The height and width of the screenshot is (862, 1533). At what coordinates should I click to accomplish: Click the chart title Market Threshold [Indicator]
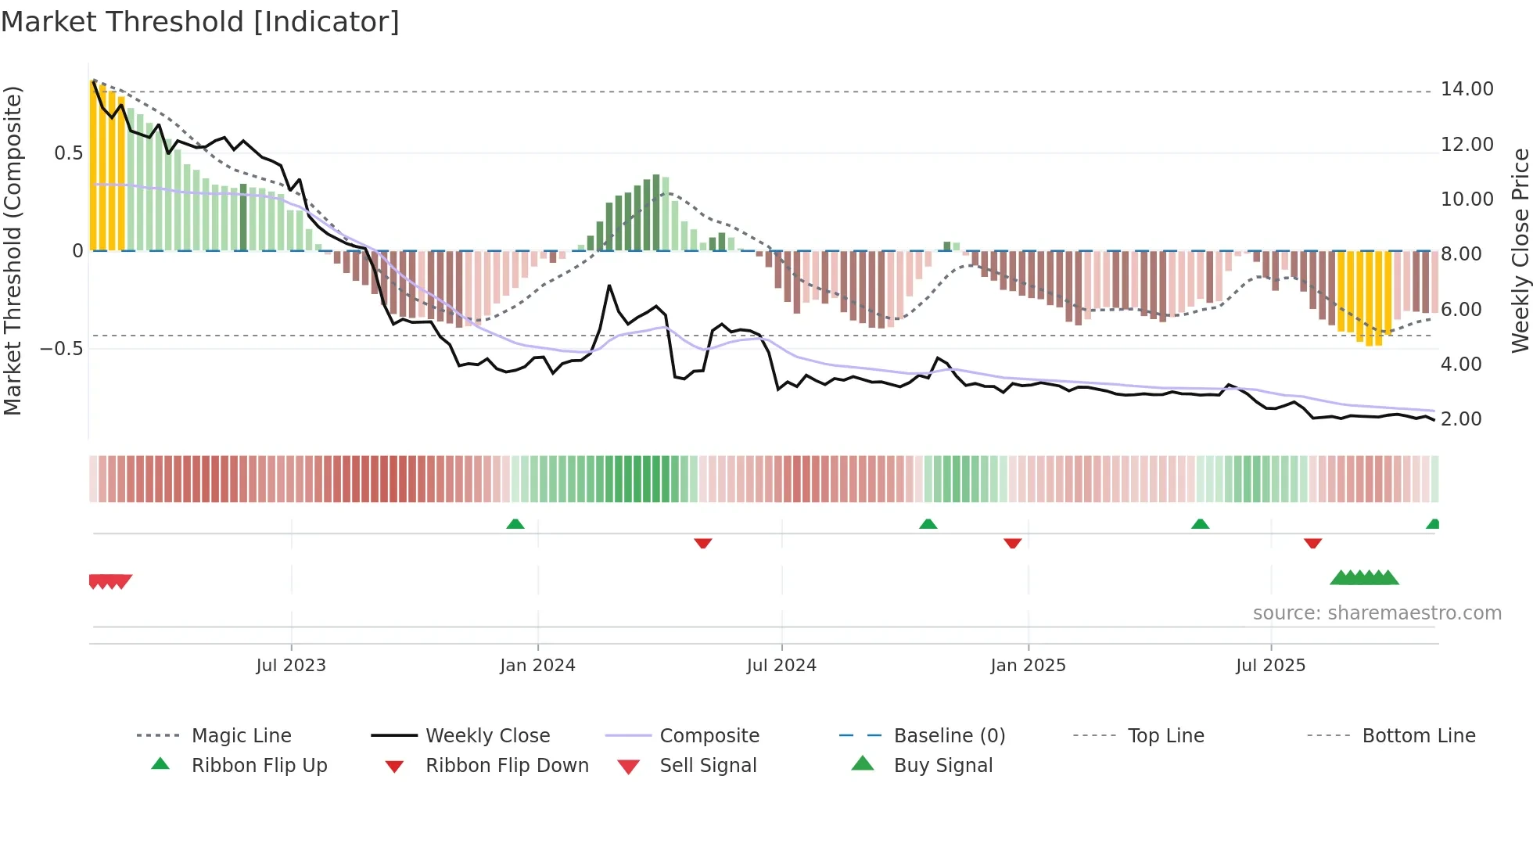click(x=200, y=22)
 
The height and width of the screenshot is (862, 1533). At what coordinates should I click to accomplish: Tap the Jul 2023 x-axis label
click(x=291, y=666)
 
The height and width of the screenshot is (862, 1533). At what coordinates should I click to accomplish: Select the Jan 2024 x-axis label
click(x=537, y=666)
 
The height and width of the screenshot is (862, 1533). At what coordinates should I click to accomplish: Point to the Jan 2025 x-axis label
click(x=1028, y=666)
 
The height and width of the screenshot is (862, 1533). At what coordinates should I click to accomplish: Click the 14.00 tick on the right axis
click(x=1467, y=89)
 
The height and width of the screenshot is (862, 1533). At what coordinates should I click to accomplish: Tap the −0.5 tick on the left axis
click(x=62, y=349)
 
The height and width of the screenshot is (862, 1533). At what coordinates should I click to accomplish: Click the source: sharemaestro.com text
click(x=1377, y=613)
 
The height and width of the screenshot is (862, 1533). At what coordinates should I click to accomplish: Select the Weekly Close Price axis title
click(x=1520, y=250)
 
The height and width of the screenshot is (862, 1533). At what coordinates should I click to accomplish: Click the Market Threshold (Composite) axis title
click(x=13, y=250)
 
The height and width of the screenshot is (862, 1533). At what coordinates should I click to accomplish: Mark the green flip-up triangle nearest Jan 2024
click(x=515, y=524)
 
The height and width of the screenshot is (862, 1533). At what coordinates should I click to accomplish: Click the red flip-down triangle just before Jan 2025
click(x=1013, y=543)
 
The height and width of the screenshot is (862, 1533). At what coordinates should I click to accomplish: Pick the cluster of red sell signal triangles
click(x=110, y=581)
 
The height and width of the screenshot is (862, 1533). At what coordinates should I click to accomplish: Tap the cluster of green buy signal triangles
click(x=1364, y=578)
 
